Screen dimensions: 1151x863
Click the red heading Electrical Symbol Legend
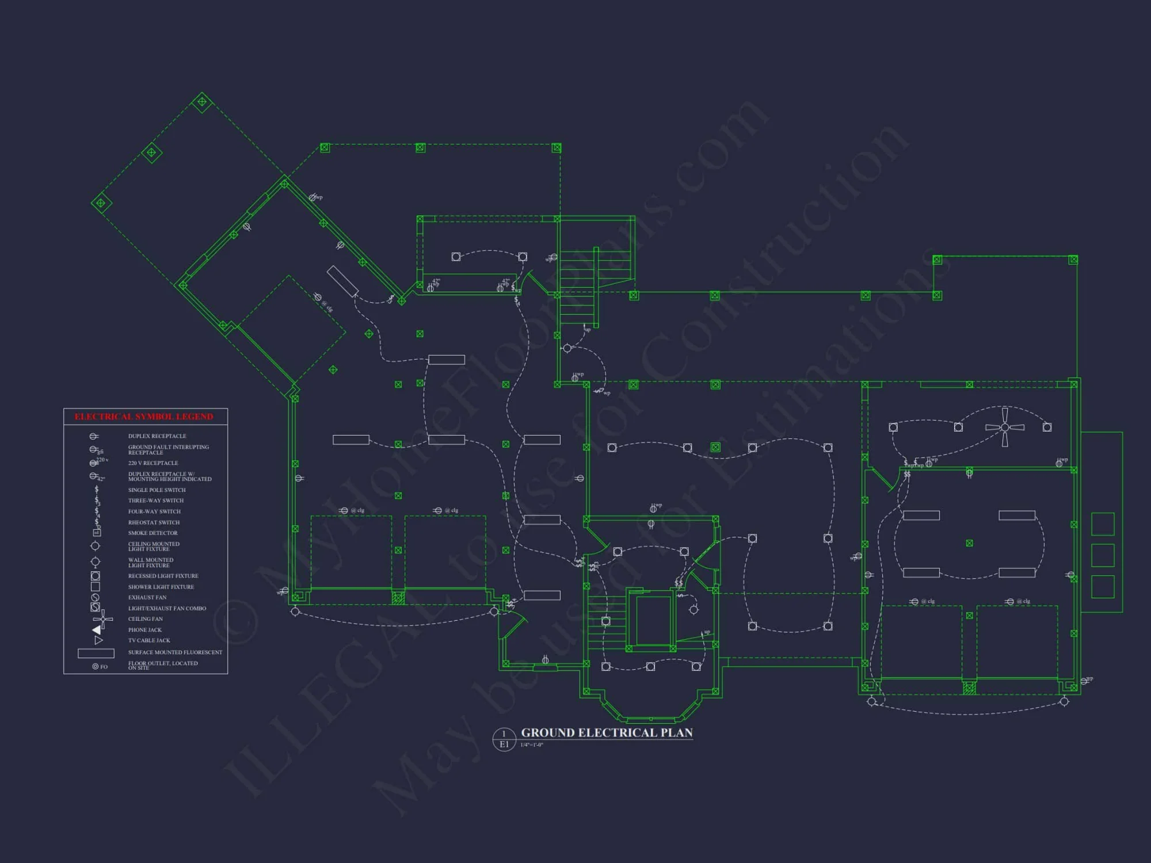(x=144, y=417)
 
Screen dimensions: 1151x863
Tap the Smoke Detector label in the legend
(x=153, y=533)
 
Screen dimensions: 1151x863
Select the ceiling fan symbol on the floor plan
(x=1004, y=427)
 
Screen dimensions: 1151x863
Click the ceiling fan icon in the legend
(x=102, y=619)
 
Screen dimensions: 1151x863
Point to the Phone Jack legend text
(x=144, y=630)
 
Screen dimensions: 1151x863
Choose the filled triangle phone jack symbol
(x=97, y=630)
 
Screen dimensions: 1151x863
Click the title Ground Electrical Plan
(x=607, y=733)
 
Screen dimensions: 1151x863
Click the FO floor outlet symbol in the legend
(x=96, y=667)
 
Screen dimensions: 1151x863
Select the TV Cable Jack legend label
(x=149, y=640)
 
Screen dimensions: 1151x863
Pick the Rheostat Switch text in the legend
(x=154, y=522)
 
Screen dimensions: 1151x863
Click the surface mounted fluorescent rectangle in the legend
(x=96, y=653)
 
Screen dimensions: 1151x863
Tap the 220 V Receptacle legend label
(x=153, y=463)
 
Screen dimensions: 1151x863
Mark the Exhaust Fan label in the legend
(x=147, y=597)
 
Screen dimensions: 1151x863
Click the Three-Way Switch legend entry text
(x=156, y=501)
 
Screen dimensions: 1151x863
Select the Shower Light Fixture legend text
(x=161, y=587)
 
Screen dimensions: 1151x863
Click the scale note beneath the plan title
(x=532, y=745)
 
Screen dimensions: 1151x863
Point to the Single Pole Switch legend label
(x=157, y=490)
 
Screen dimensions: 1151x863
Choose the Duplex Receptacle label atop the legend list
(x=157, y=436)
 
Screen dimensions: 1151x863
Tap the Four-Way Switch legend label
(x=154, y=511)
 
